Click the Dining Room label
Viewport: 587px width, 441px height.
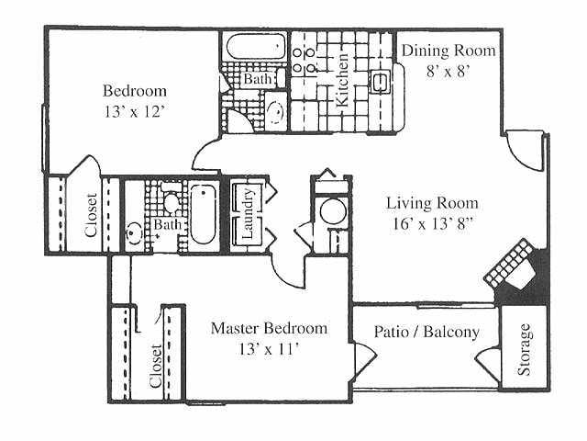point(449,51)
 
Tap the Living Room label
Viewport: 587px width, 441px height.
point(432,203)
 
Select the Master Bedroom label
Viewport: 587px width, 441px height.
point(269,328)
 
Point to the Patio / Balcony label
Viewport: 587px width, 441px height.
point(426,331)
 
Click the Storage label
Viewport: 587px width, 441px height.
point(524,353)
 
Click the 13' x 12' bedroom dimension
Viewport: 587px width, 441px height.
point(135,111)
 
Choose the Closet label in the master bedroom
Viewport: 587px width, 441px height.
point(155,367)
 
